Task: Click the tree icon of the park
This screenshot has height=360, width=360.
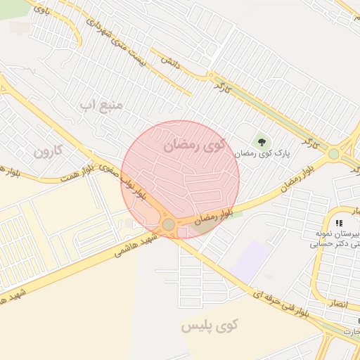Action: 262,142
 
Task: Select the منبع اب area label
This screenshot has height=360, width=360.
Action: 101,105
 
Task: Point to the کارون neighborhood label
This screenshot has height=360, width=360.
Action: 48,150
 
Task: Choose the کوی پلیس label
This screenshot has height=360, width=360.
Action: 210,326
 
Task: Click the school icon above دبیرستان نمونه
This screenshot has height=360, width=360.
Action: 340,222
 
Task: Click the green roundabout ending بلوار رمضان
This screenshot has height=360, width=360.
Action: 333,153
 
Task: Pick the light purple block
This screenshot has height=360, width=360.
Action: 251,261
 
